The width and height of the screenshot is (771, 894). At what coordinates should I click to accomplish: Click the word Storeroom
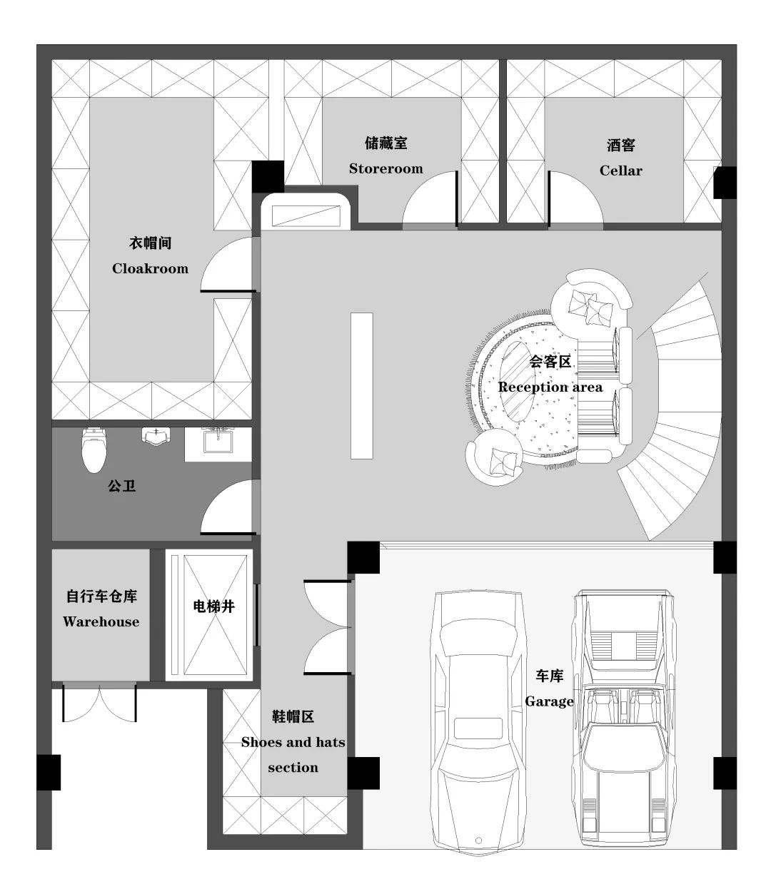click(x=385, y=169)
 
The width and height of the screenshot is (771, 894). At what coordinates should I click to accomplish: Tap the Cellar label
click(x=620, y=171)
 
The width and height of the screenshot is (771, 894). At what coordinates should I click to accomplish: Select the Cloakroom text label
click(x=150, y=269)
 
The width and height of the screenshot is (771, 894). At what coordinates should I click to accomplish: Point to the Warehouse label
click(x=101, y=622)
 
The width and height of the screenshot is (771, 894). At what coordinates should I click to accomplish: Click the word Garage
click(x=549, y=701)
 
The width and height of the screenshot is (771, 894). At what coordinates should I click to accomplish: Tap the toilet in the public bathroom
click(x=94, y=451)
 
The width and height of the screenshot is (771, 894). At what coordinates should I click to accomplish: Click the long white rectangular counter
click(x=362, y=385)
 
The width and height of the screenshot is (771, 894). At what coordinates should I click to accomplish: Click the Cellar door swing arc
click(x=575, y=200)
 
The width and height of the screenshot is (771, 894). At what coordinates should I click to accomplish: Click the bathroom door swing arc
click(x=227, y=508)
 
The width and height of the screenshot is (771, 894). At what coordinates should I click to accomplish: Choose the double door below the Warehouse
click(x=99, y=703)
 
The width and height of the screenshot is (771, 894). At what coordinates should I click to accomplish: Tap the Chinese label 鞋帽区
click(x=293, y=717)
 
